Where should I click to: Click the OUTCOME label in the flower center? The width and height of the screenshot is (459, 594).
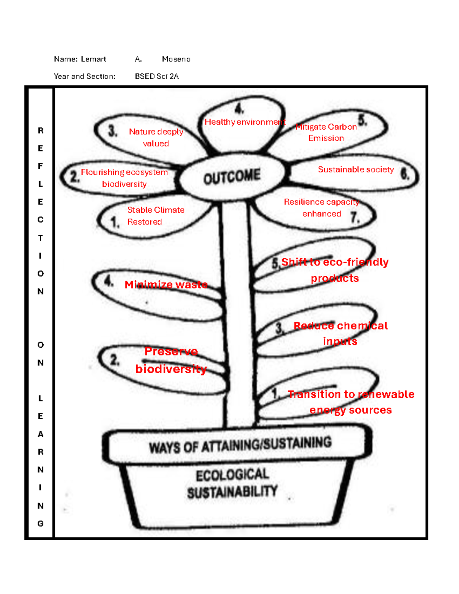[232, 177]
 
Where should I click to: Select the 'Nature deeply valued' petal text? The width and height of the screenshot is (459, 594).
[156, 137]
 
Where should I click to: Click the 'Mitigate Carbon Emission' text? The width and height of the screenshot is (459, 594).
[326, 132]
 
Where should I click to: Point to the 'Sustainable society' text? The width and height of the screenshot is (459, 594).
[356, 169]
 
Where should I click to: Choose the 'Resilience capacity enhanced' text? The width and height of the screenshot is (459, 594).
[321, 208]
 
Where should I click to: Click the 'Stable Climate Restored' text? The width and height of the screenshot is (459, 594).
[155, 216]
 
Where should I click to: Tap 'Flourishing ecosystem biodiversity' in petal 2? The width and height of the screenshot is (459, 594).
[124, 178]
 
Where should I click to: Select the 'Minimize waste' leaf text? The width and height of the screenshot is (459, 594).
[166, 285]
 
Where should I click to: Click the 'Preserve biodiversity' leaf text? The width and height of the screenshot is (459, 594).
[171, 360]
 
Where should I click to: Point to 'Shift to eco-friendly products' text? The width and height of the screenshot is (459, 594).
[335, 270]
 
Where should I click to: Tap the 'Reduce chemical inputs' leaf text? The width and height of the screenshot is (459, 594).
[340, 333]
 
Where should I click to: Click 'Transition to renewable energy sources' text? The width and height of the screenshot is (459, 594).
[351, 402]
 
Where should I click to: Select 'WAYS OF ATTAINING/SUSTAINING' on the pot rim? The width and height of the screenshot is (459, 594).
[240, 445]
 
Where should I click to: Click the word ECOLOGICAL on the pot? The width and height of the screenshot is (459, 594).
[232, 475]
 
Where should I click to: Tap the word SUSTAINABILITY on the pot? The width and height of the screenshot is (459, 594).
[232, 492]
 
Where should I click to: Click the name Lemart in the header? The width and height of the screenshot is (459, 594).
[93, 59]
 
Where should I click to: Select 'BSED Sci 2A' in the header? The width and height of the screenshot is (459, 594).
[157, 76]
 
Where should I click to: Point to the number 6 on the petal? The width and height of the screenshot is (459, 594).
[405, 174]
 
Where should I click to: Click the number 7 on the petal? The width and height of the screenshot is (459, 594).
[355, 218]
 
